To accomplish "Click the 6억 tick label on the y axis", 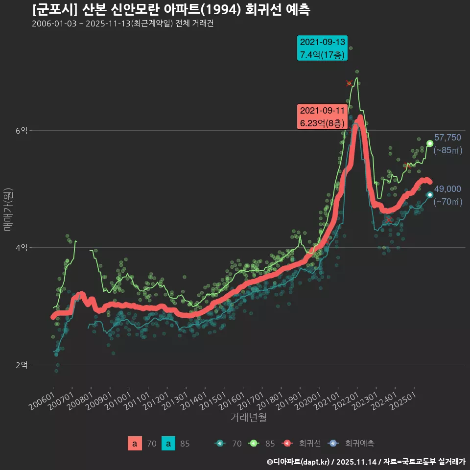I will click(21, 130).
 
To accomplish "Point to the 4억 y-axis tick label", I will click(21, 248).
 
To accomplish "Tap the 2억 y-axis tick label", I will click(21, 365).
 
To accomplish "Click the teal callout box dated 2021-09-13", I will click(322, 48).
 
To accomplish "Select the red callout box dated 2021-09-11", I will click(322, 117).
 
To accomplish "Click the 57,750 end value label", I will click(447, 138).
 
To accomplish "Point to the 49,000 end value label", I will click(447, 189).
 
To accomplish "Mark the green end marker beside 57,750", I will click(430, 143).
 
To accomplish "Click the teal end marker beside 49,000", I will click(430, 195).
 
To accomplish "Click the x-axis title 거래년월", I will click(249, 418).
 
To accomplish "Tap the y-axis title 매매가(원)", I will click(7, 209).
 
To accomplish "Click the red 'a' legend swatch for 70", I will click(135, 444).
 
